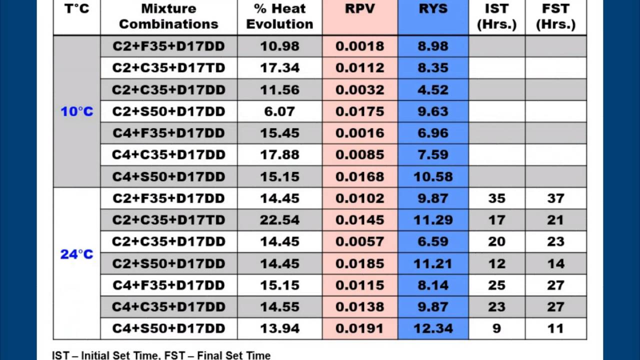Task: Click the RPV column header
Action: point(359,9)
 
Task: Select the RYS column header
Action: point(433,9)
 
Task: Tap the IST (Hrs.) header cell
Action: point(497,16)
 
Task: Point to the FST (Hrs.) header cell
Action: point(555,16)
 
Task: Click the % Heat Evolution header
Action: point(279,16)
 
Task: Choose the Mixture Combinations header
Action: point(168,16)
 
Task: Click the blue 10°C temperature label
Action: point(77,111)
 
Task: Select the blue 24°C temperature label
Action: point(77,254)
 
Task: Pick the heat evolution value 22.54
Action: point(279,220)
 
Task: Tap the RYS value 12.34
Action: point(433,328)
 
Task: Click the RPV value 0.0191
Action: point(359,328)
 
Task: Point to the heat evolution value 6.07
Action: point(279,111)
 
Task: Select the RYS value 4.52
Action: point(433,90)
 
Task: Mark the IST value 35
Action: point(497,198)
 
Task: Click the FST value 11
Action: point(555,328)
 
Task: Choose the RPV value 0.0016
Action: point(359,133)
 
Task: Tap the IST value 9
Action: point(497,328)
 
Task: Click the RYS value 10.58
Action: point(433,176)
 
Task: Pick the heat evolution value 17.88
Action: point(279,155)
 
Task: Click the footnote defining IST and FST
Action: point(161,355)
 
